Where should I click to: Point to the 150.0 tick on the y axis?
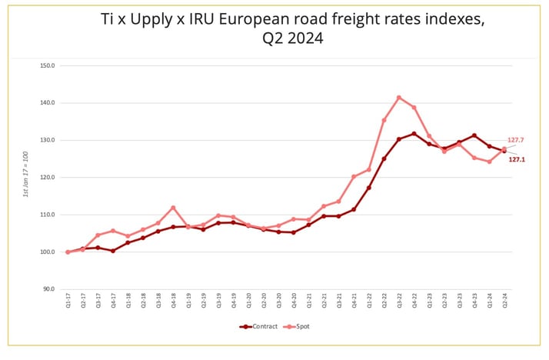[x=47, y=65]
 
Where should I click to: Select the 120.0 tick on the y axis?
[x=47, y=177]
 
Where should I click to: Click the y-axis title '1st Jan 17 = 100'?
[x=25, y=178]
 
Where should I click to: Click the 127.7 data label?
[x=516, y=141]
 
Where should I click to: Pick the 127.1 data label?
[x=516, y=159]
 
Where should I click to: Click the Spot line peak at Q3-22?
[x=399, y=98]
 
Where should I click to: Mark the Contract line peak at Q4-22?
[x=414, y=134]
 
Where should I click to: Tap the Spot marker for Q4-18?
[x=173, y=208]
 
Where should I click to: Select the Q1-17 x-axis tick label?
[x=68, y=302]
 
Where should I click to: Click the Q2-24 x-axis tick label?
[x=504, y=302]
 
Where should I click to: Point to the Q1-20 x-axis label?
[x=248, y=302]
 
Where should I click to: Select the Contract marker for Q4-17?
[x=113, y=251]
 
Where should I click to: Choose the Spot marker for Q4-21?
[x=354, y=177]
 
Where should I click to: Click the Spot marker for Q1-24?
[x=489, y=162]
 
